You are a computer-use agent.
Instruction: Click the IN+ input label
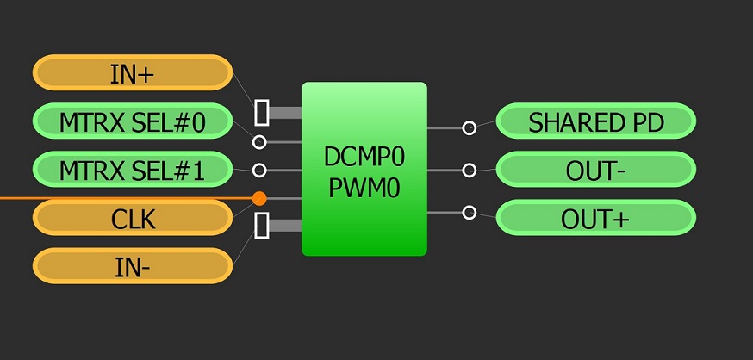(x=133, y=73)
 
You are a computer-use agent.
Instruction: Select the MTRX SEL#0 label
(x=133, y=121)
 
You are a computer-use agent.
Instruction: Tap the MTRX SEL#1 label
(x=133, y=170)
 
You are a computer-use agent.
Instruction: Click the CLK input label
(x=133, y=218)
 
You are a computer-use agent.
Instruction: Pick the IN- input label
(x=133, y=266)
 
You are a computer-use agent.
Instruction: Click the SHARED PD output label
(x=596, y=121)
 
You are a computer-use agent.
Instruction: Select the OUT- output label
(x=596, y=170)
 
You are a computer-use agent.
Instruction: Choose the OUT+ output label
(x=596, y=218)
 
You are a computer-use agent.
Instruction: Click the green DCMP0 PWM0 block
(x=364, y=215)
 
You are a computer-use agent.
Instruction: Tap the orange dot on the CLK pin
(x=259, y=199)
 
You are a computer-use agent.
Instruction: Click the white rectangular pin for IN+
(x=262, y=112)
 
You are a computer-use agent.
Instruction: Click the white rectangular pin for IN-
(x=262, y=226)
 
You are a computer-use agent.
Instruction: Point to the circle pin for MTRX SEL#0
(x=259, y=141)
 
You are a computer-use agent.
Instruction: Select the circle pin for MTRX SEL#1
(x=259, y=171)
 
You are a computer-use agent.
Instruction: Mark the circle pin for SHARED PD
(x=469, y=128)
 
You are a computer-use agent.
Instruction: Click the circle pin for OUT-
(x=469, y=171)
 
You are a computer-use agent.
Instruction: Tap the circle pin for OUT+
(x=469, y=212)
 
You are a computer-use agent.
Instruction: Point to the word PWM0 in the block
(x=364, y=187)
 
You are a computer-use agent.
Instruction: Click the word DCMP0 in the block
(x=364, y=156)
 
